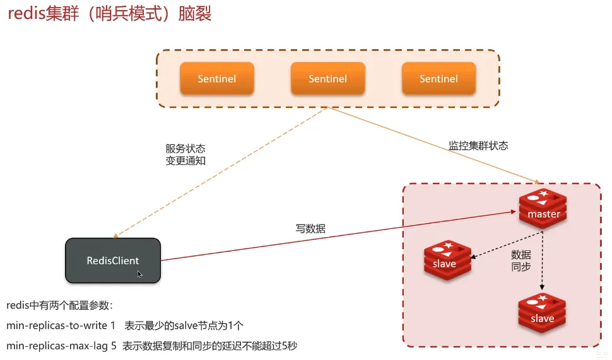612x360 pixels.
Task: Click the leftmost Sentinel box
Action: [217, 79]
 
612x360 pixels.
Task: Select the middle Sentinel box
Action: [327, 79]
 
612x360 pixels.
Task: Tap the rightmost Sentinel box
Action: [438, 79]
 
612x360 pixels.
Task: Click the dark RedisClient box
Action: [113, 260]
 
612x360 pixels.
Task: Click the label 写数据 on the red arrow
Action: [310, 229]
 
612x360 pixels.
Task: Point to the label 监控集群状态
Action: [478, 146]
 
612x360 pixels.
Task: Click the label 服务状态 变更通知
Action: [185, 154]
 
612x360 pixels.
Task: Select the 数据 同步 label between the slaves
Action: [521, 260]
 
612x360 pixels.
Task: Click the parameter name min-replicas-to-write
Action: [57, 325]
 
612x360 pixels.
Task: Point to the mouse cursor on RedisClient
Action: [139, 274]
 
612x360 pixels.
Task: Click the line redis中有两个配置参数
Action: [59, 306]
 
